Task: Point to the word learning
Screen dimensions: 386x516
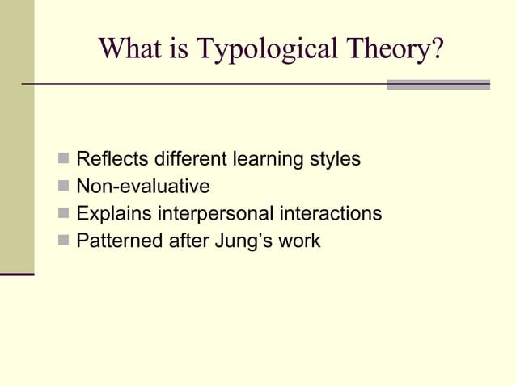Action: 267,159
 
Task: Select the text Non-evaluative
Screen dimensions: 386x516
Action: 142,187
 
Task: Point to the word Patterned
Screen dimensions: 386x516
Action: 115,241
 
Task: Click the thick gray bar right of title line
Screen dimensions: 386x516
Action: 438,84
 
